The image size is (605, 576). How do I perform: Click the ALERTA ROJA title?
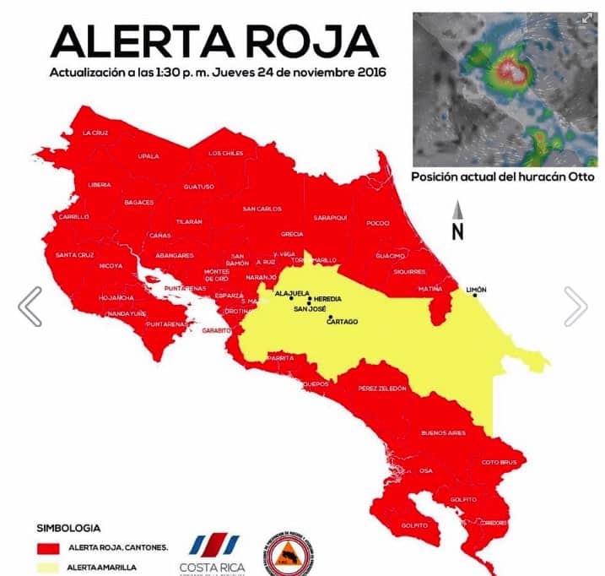tap(213, 41)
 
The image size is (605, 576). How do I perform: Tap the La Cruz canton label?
tap(95, 133)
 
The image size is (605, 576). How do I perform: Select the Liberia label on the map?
tap(99, 184)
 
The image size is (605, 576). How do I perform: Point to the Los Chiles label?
tap(225, 153)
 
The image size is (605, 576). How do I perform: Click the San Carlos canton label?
tap(262, 209)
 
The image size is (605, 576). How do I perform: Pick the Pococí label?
tap(377, 223)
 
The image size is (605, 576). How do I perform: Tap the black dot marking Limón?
tap(476, 296)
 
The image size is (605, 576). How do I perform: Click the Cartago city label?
tap(342, 322)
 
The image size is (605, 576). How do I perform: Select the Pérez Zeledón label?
tap(381, 389)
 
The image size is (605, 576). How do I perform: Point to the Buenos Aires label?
tap(443, 433)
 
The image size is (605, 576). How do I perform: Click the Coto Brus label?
tap(497, 461)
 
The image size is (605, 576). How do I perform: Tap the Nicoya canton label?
tap(111, 266)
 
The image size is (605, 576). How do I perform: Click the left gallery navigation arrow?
tap(30, 306)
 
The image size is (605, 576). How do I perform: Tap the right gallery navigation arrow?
tap(575, 306)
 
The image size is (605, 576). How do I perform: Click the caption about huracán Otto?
tap(502, 177)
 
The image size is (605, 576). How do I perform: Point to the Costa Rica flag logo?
tap(208, 545)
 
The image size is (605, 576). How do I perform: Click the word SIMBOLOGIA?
tap(68, 527)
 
